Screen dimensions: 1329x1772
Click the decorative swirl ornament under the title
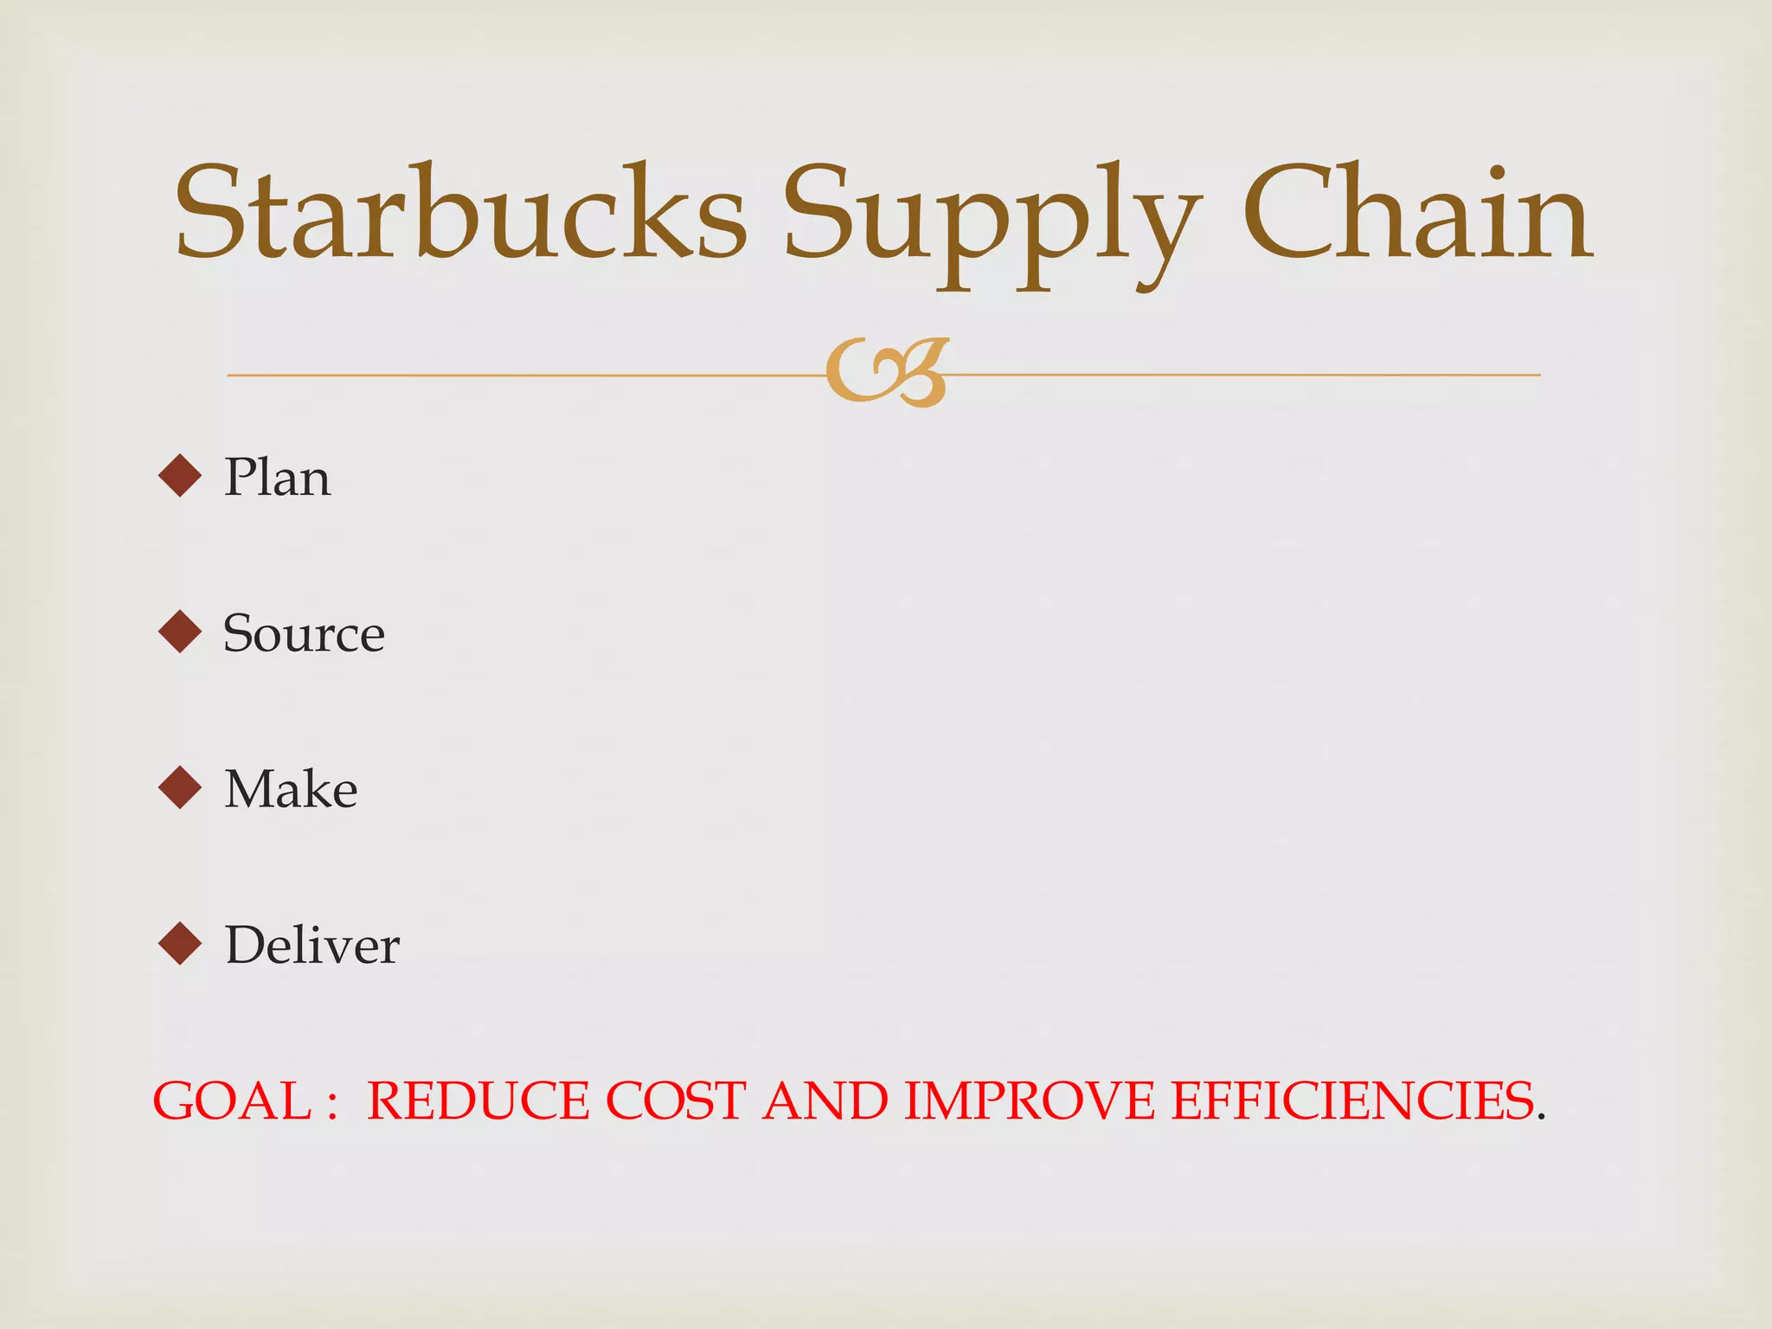coord(887,373)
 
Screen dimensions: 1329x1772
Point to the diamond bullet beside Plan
coord(180,476)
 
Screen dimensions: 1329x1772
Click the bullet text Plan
coord(277,477)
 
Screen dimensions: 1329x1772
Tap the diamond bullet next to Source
coord(180,632)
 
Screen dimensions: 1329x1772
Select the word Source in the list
coord(304,633)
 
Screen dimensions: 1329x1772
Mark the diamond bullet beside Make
coord(180,787)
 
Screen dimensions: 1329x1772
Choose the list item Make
coord(291,789)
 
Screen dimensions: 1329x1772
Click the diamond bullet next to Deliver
coord(180,943)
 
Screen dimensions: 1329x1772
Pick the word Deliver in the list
coord(312,945)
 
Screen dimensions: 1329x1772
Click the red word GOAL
coord(231,1101)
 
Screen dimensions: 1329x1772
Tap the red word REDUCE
coord(478,1101)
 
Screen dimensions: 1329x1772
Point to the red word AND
coord(825,1101)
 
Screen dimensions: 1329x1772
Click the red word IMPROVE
coord(1030,1101)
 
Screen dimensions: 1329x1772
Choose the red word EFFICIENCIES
coord(1352,1101)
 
